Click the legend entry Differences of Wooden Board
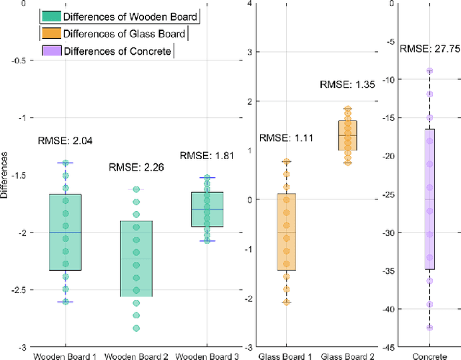pos(120,17)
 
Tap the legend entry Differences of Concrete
pos(107,50)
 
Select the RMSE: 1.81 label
pos(203,156)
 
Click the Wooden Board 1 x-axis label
pos(65,355)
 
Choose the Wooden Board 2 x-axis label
pos(135,355)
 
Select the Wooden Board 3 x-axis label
pos(207,355)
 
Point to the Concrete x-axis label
pos(429,355)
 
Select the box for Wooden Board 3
pos(207,210)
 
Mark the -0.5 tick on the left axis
pos(17,60)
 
